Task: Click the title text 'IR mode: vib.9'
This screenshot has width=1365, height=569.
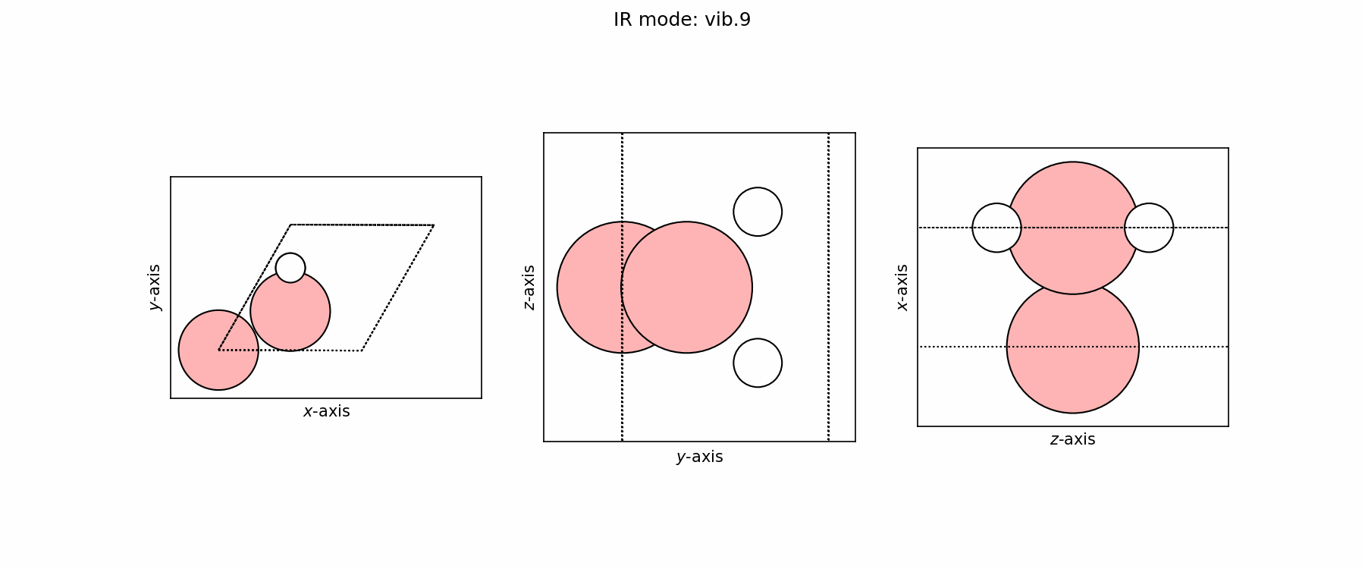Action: [x=682, y=20]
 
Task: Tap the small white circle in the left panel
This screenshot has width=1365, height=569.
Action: [x=290, y=268]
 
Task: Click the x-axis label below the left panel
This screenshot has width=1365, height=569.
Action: [x=326, y=411]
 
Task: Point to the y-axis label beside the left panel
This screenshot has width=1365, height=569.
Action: [x=155, y=288]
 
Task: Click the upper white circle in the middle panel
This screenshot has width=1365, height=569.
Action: [x=758, y=212]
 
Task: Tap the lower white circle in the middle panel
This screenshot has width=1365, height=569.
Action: [x=758, y=363]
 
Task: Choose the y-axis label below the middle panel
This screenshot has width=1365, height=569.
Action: [x=699, y=457]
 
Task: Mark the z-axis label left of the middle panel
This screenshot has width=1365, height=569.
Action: [x=529, y=287]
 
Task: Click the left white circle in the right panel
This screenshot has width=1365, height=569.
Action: [x=996, y=228]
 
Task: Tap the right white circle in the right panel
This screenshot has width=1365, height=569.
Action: [x=1149, y=228]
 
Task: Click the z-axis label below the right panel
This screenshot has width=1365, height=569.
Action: [x=1072, y=439]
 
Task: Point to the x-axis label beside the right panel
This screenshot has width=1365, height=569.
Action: [x=902, y=287]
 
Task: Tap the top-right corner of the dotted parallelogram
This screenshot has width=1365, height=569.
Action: [x=434, y=225]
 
